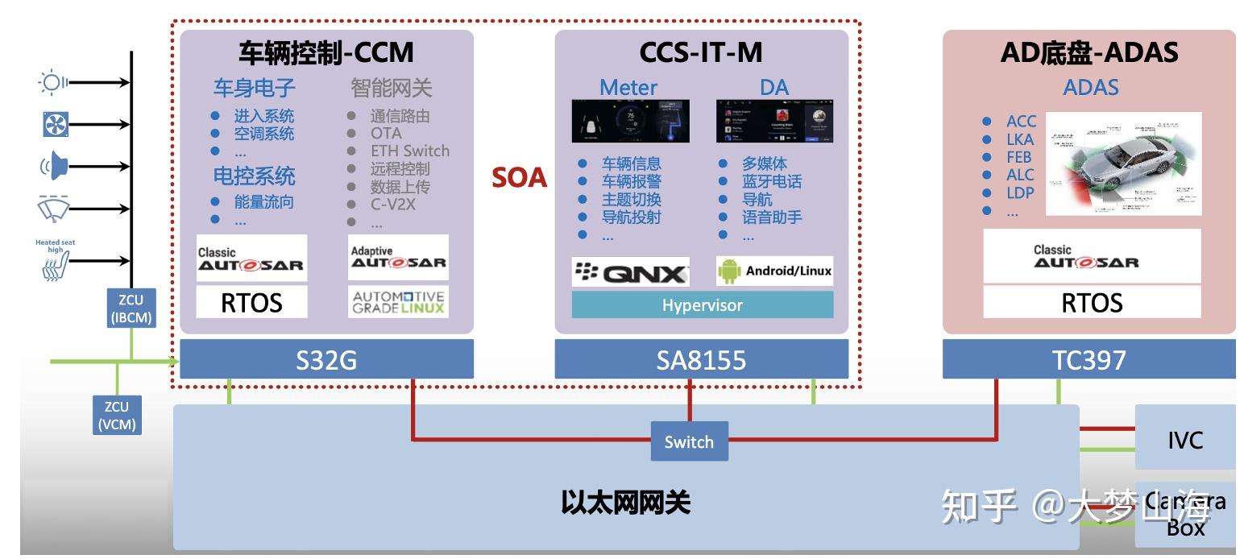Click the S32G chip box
point(326,359)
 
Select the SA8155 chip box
point(701,359)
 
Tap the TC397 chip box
point(1088,359)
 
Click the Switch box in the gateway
point(689,441)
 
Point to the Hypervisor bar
point(702,305)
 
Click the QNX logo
point(631,272)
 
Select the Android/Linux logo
point(774,271)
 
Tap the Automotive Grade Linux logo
point(398,302)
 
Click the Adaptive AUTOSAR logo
point(398,258)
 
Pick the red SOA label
point(519,178)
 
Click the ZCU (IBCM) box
point(131,309)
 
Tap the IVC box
point(1184,441)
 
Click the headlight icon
point(53,82)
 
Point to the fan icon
point(56,124)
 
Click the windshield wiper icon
point(54,208)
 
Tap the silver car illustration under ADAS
point(1123,164)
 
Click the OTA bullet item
point(385,134)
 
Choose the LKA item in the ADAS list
point(1019,139)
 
